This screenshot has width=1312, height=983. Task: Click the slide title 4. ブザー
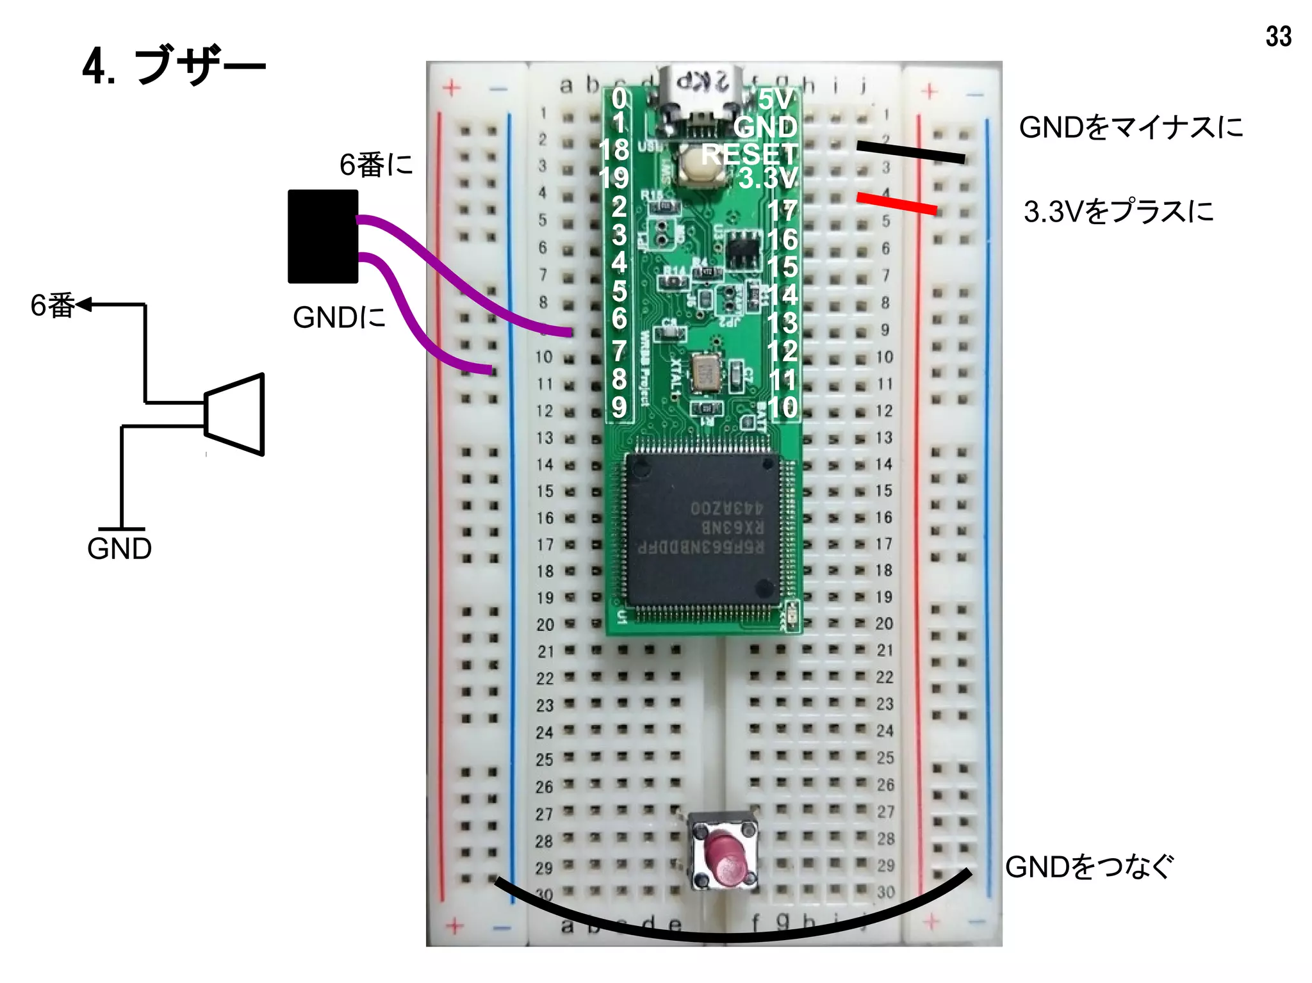click(173, 66)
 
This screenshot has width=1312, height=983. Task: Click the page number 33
click(1277, 37)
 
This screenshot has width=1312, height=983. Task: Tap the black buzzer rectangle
click(322, 236)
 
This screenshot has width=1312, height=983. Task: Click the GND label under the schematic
click(119, 549)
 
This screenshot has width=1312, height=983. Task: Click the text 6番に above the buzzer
click(376, 165)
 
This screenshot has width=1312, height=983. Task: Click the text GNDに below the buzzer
click(339, 317)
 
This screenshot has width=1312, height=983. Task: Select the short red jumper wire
click(897, 203)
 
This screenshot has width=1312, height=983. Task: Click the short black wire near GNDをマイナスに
click(910, 152)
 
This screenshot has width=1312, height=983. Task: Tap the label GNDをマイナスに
click(1131, 127)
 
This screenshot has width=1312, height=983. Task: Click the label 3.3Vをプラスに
click(1119, 211)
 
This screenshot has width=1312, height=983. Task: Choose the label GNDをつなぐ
click(1089, 866)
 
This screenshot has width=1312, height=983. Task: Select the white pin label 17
click(782, 211)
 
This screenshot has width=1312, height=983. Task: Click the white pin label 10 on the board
click(782, 407)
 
